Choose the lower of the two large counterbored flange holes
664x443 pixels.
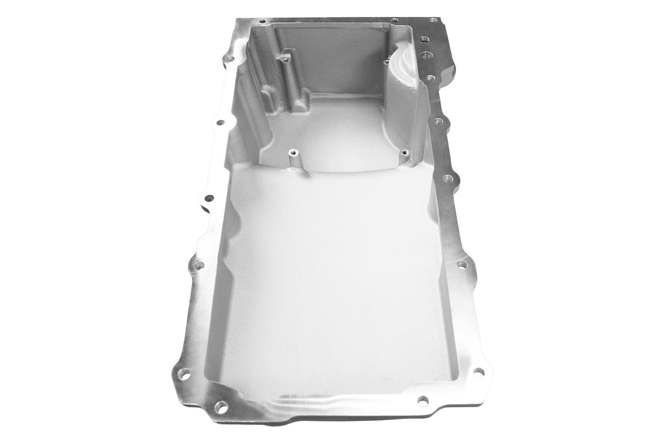click(x=426, y=54)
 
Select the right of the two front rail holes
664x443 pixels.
click(x=422, y=401)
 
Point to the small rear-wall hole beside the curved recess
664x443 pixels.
click(x=386, y=62)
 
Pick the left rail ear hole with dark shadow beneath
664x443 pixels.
click(x=210, y=198)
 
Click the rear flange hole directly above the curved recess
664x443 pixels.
click(x=393, y=20)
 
